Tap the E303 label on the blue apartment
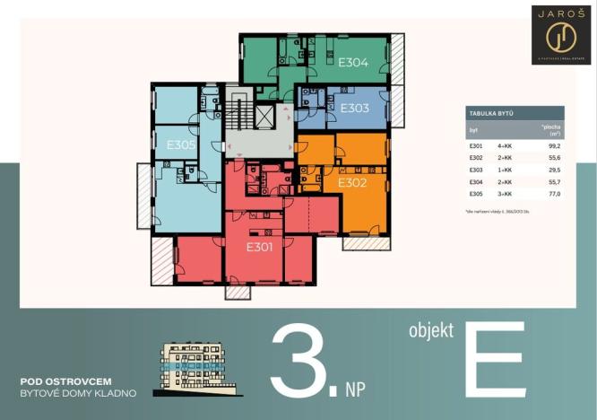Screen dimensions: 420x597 (354, 108)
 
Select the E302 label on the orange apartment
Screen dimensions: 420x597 (352, 182)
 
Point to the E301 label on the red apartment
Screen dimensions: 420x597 (259, 247)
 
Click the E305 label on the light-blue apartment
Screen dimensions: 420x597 (181, 144)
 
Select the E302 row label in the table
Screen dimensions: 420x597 (475, 158)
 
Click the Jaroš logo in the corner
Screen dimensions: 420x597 (560, 34)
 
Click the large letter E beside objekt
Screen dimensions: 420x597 (494, 358)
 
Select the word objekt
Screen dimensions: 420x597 (431, 331)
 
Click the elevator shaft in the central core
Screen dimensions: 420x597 (267, 115)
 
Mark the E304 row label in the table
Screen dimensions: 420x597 (475, 182)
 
